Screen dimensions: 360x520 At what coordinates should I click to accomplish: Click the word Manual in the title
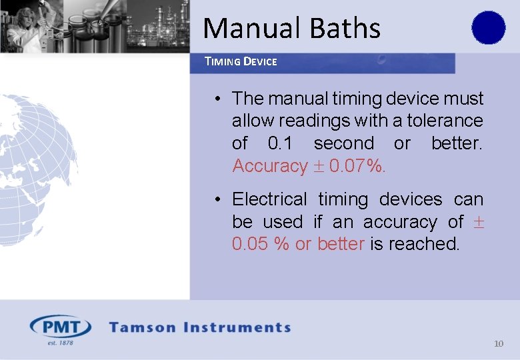[x=243, y=28]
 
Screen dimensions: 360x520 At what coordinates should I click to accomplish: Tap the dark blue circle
[x=489, y=27]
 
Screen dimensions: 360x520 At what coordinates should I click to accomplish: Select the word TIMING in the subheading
[x=223, y=61]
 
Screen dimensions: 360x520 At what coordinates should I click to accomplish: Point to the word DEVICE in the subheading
[x=260, y=61]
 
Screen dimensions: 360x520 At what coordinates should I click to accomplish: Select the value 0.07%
[x=357, y=165]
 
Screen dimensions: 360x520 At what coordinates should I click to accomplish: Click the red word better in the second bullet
[x=341, y=244]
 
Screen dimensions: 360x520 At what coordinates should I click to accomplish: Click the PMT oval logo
[x=61, y=327]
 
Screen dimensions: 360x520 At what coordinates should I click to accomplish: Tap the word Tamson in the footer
[x=143, y=327]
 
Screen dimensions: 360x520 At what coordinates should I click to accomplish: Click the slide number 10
[x=499, y=344]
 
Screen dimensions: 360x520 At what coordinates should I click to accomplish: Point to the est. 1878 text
[x=59, y=343]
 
